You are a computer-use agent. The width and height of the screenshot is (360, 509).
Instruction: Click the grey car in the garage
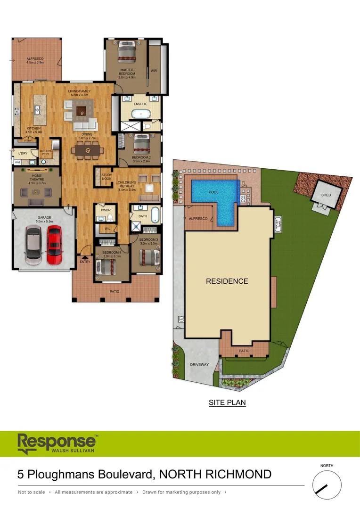(33, 245)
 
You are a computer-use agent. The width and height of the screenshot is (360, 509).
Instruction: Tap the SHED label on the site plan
(326, 195)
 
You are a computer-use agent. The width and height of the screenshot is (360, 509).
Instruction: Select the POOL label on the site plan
(213, 192)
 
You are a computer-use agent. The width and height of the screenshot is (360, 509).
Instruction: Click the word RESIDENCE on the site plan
(227, 281)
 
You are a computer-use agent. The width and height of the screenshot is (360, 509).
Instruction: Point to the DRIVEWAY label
(199, 365)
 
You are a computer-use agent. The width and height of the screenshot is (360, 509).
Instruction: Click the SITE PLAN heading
(227, 403)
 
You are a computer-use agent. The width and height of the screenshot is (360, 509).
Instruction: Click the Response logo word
(56, 442)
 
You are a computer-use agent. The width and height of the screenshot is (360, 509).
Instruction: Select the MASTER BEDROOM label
(127, 72)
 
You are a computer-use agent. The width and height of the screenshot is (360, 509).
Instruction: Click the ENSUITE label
(140, 104)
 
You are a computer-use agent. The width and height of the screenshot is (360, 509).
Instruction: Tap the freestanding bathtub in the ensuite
(140, 114)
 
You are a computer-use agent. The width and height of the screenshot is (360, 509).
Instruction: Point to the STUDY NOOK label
(107, 177)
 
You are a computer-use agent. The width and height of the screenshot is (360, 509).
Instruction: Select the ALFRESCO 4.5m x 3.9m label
(35, 60)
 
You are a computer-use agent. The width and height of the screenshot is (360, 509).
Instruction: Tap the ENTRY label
(85, 262)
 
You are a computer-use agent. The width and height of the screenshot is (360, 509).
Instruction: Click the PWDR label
(105, 210)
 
